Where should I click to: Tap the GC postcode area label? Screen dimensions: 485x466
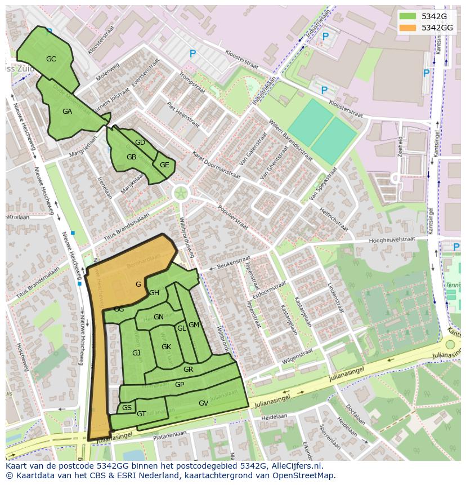tap(51, 59)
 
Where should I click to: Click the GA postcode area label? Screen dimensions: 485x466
tap(67, 111)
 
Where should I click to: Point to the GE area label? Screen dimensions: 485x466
tap(164, 165)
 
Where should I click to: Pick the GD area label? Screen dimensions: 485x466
tap(140, 143)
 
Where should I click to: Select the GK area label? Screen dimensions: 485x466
tap(166, 346)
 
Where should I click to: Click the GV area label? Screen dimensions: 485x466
tap(203, 403)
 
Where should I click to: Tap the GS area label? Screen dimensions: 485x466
tap(127, 407)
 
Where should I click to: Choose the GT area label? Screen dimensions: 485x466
tap(141, 414)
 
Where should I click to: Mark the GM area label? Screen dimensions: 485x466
tap(194, 325)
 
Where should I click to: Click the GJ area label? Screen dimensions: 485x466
tap(136, 353)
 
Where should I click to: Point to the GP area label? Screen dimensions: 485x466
tap(180, 384)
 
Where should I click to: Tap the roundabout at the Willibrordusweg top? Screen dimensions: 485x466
tap(180, 194)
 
